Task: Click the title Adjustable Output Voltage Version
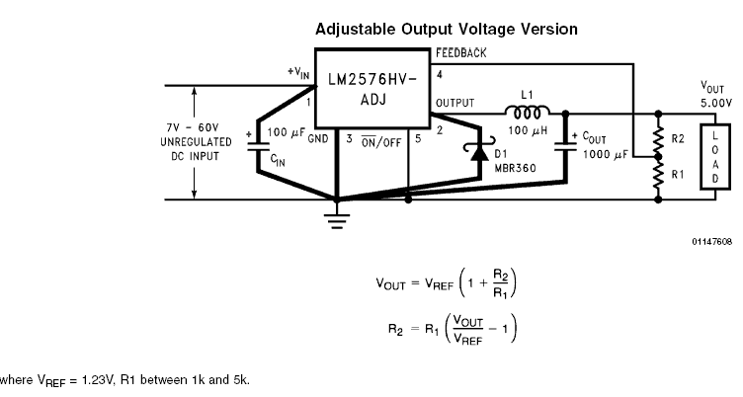(x=447, y=30)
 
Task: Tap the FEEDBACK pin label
(x=461, y=51)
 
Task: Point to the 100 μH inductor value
(x=528, y=129)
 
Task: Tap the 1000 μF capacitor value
(x=604, y=155)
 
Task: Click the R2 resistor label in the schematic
(x=679, y=138)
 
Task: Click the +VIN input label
(x=298, y=72)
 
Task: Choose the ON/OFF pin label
(x=379, y=140)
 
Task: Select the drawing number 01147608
(x=710, y=240)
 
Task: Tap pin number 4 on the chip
(x=439, y=74)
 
